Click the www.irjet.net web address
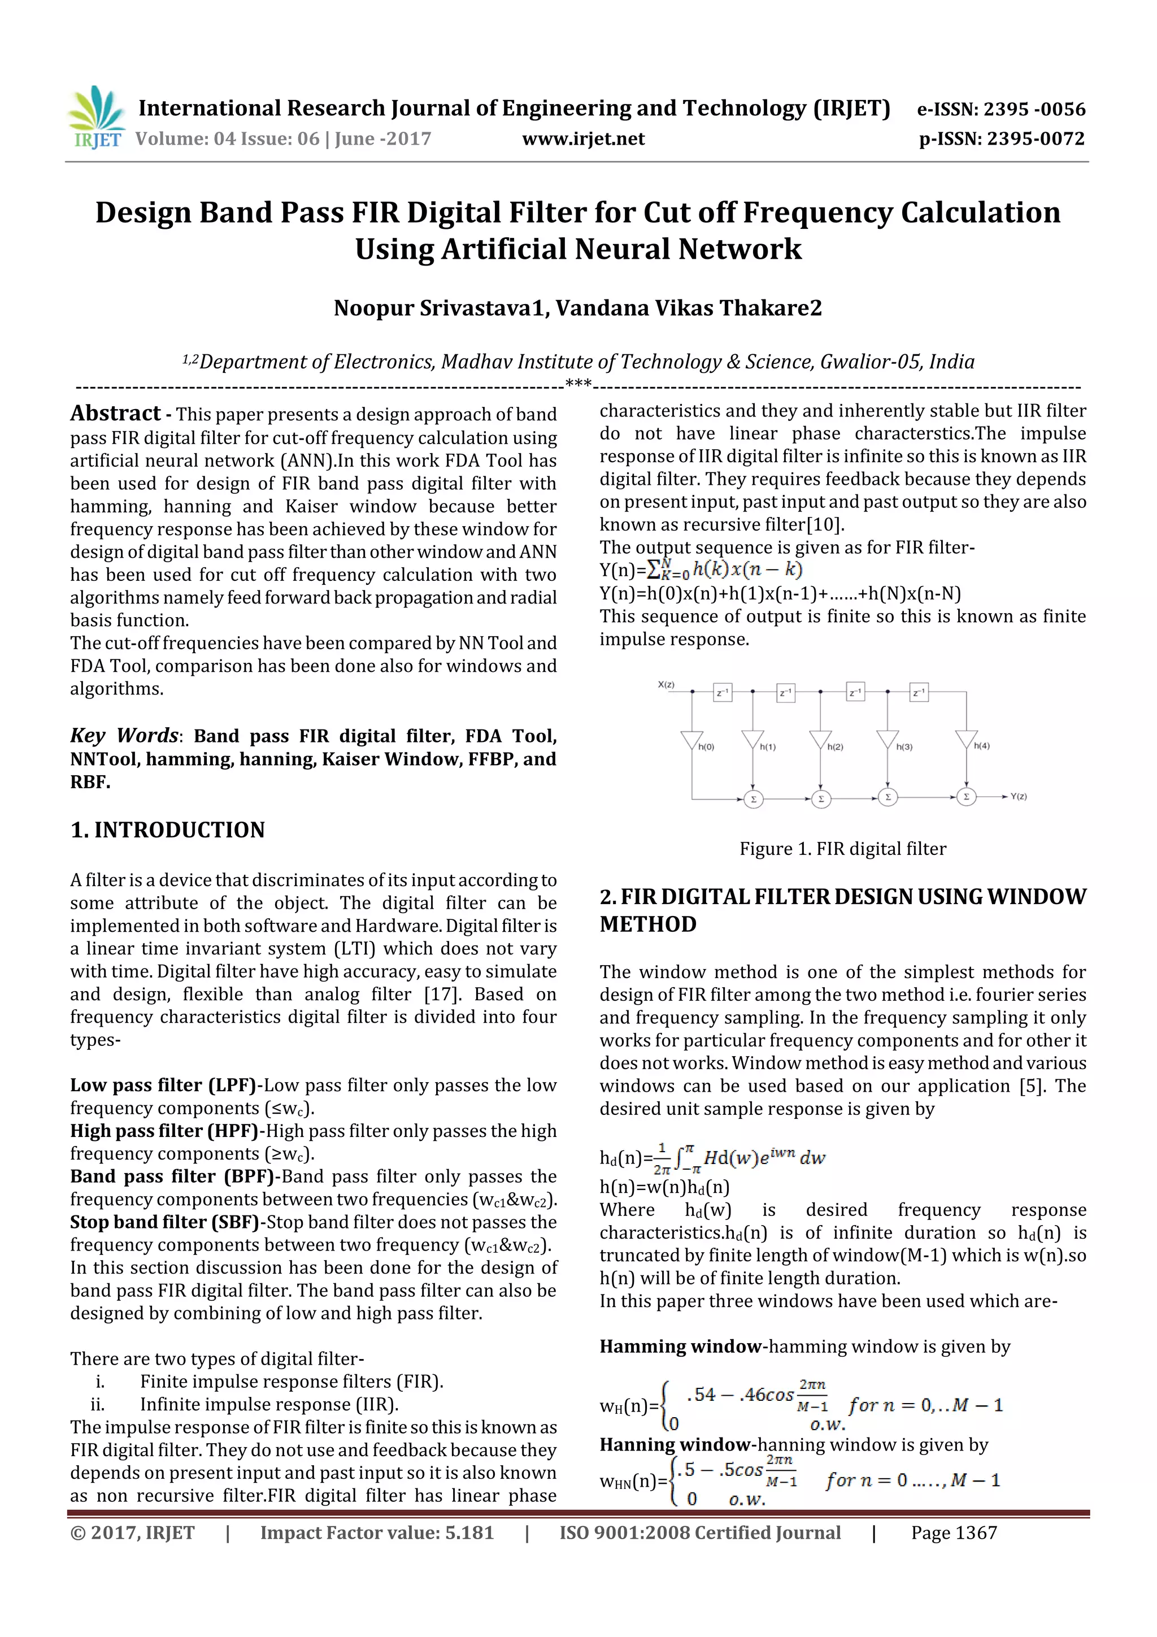coord(582,139)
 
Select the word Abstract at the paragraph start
coord(115,414)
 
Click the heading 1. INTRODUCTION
coord(168,830)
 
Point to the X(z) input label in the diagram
coord(666,684)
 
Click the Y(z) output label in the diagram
coord(1018,796)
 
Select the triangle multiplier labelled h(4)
coord(966,739)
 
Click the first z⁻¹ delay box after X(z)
coord(722,692)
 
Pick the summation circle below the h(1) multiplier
coord(753,798)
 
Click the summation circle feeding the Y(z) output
coord(966,796)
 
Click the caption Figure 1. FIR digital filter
coord(843,848)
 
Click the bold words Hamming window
coord(680,1346)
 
